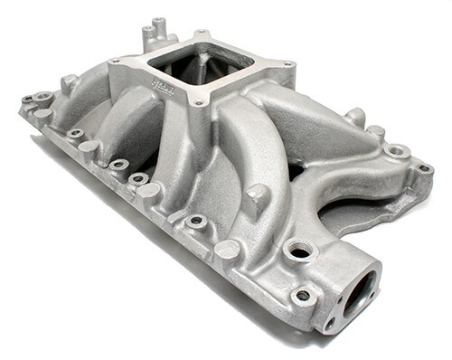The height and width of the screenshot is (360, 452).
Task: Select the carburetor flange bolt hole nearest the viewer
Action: tap(197, 104)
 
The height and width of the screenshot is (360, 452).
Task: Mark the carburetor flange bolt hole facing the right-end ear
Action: tap(287, 64)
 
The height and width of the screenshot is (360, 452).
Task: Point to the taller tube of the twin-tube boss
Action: tap(158, 24)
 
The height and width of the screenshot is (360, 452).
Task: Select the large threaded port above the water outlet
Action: tap(298, 249)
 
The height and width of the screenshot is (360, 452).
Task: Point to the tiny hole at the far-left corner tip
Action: tap(27, 99)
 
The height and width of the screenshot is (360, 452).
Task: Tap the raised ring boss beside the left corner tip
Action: tap(42, 94)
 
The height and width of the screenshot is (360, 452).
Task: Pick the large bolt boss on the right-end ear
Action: tap(396, 150)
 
